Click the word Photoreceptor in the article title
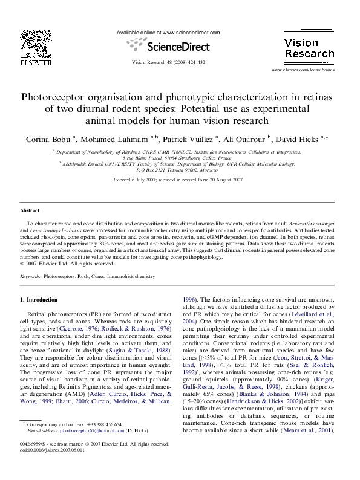coord(58,97)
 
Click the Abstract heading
coord(30,210)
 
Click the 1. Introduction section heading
coord(39,300)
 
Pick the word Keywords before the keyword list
coord(30,276)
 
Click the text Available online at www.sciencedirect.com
coord(168,33)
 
